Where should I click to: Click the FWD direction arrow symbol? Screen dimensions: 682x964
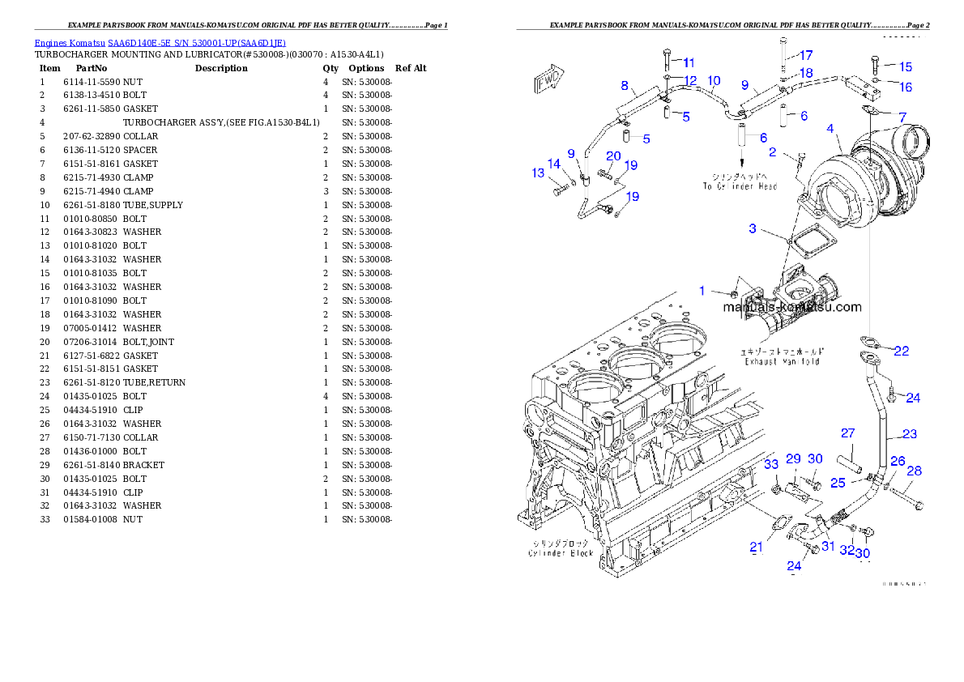(x=548, y=79)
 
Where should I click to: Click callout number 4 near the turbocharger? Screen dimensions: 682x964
(x=830, y=128)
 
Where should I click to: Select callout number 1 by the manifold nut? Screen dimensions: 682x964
(x=703, y=290)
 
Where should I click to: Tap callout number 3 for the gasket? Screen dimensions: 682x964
(x=753, y=229)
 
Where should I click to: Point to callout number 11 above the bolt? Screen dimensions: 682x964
(x=689, y=62)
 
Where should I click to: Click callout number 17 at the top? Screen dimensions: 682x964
(x=806, y=55)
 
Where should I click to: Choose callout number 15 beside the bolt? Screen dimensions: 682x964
(x=905, y=66)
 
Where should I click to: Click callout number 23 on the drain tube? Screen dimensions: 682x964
(x=909, y=434)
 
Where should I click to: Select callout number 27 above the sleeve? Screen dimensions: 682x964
(x=847, y=433)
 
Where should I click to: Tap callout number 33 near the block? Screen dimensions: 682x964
(x=771, y=464)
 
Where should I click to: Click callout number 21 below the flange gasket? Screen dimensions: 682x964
(x=756, y=548)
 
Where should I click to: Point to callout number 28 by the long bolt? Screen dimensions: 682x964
(x=914, y=471)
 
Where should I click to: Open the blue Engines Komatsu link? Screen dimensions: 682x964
(x=160, y=43)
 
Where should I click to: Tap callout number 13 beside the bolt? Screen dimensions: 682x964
(x=538, y=173)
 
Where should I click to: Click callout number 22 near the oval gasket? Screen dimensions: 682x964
(x=901, y=351)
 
